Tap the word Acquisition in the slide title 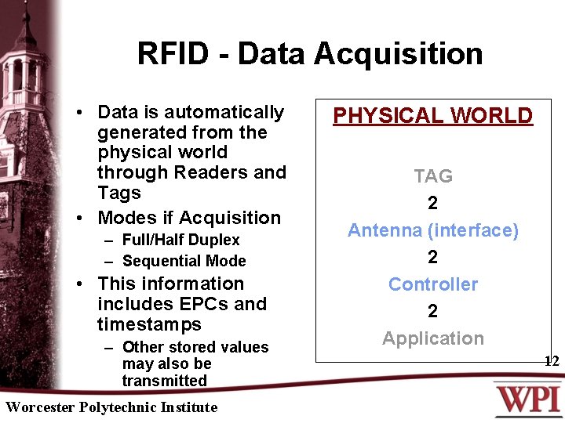(x=399, y=54)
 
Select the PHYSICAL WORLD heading (x=432, y=116)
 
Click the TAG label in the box (x=433, y=176)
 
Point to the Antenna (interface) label (x=433, y=230)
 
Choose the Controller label (x=433, y=284)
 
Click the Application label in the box (x=433, y=338)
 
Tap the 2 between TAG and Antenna (x=433, y=204)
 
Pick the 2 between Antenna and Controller (x=433, y=258)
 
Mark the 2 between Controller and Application (x=433, y=312)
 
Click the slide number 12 (x=552, y=361)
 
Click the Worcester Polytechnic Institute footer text (x=111, y=407)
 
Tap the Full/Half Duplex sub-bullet (x=180, y=240)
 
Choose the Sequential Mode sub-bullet (x=184, y=261)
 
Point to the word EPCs (x=206, y=304)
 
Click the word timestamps (x=149, y=324)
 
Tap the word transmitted (x=164, y=381)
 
